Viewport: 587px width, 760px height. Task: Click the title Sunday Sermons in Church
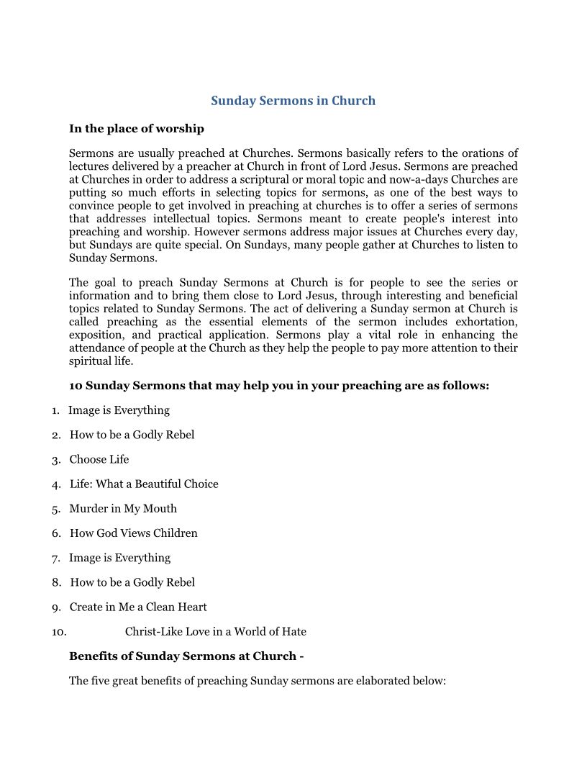click(293, 101)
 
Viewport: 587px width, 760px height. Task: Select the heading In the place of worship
click(137, 129)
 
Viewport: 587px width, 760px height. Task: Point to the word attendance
click(97, 348)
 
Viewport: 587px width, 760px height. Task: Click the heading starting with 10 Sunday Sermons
click(279, 386)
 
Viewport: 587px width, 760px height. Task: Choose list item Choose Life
click(99, 459)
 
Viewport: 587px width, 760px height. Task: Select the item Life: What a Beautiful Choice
click(144, 484)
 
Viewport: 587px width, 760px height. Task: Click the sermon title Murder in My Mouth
click(123, 508)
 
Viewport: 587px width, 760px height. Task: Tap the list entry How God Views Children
click(134, 533)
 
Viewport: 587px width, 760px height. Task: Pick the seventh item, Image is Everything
click(119, 558)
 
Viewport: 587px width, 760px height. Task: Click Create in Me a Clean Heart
click(138, 607)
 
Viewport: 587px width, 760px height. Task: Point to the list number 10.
click(59, 632)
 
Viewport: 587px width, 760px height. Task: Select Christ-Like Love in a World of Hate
click(216, 632)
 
